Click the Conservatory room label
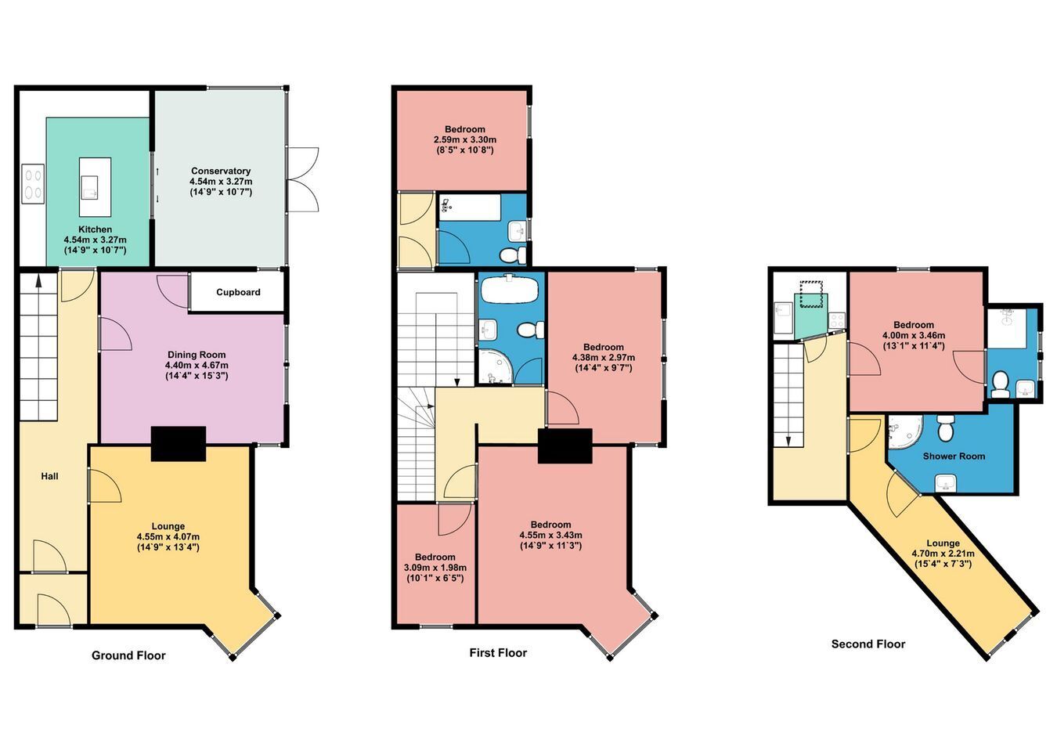[x=220, y=171]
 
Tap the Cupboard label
[x=238, y=292]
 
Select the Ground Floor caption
[x=128, y=655]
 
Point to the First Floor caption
[x=498, y=652]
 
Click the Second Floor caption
[x=868, y=644]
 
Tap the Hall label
[x=49, y=476]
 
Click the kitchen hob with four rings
[x=33, y=183]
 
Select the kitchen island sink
[x=90, y=188]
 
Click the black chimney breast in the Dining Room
[x=179, y=443]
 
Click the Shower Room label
[x=954, y=456]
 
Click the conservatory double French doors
[x=303, y=179]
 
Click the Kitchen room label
[x=95, y=229]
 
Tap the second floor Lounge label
[x=943, y=543]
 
